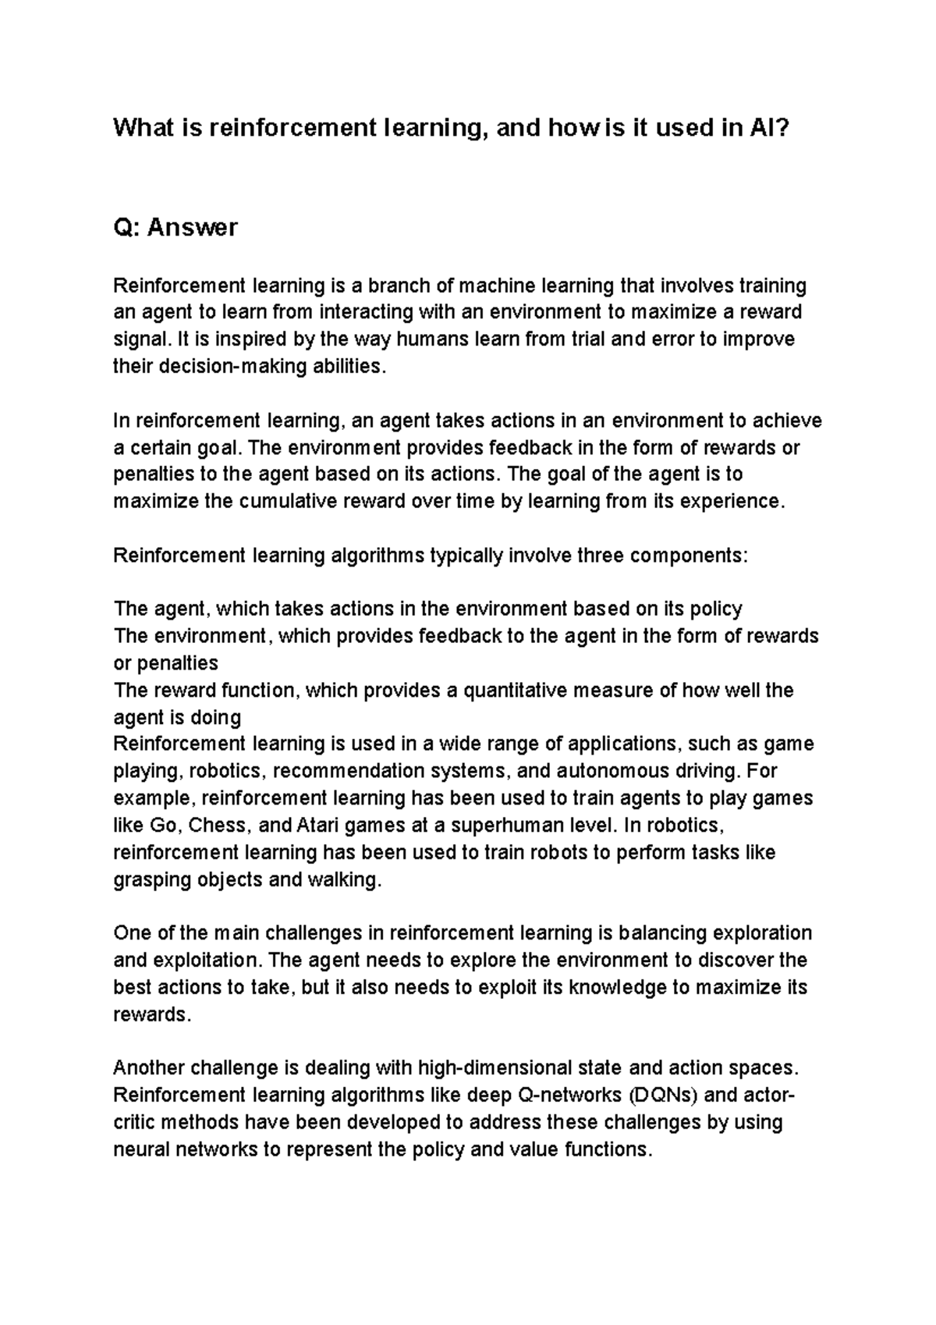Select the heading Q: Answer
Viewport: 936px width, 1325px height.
[175, 228]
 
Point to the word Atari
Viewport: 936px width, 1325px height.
[318, 826]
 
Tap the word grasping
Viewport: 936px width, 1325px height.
[151, 880]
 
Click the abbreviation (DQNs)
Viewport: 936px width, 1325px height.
[663, 1096]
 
